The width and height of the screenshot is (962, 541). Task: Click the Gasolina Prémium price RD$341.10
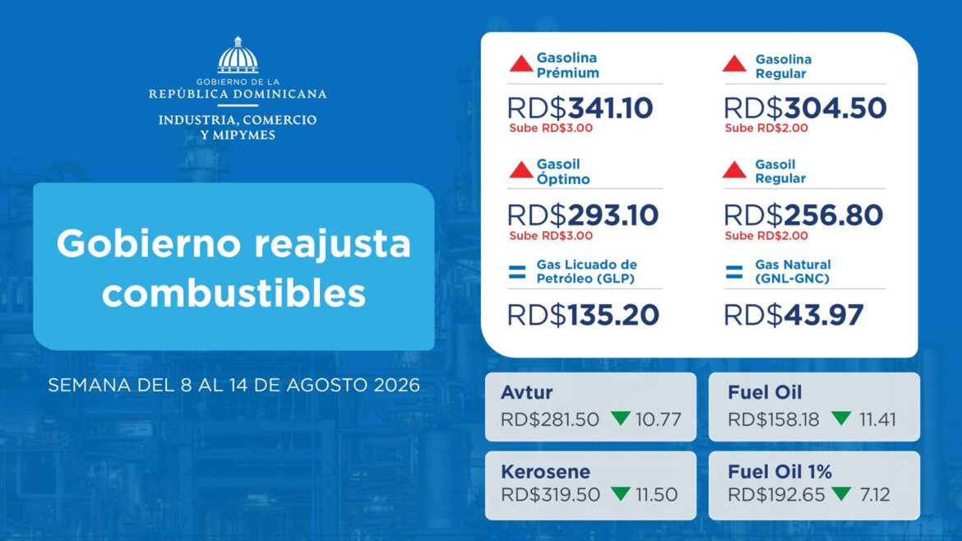pyautogui.click(x=580, y=108)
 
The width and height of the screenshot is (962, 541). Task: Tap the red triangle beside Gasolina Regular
pyautogui.click(x=734, y=63)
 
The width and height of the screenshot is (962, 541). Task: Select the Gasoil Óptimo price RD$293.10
pyautogui.click(x=583, y=215)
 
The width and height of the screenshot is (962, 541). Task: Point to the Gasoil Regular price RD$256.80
pyautogui.click(x=803, y=215)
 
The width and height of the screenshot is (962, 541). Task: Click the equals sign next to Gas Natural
pyautogui.click(x=733, y=271)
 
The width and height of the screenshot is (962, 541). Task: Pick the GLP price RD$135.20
pyautogui.click(x=583, y=315)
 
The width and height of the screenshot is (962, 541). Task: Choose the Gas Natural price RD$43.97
pyautogui.click(x=794, y=315)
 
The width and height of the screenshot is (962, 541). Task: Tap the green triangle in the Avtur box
pyautogui.click(x=621, y=418)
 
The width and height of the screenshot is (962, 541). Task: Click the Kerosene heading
pyautogui.click(x=545, y=472)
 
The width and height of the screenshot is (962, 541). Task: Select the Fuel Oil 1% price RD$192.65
pyautogui.click(x=776, y=494)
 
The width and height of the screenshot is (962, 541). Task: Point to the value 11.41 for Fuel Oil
pyautogui.click(x=877, y=419)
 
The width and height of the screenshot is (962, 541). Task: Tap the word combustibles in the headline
pyautogui.click(x=234, y=294)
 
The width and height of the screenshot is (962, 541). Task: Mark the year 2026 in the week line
pyautogui.click(x=396, y=386)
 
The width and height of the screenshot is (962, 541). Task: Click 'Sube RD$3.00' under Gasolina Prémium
pyautogui.click(x=551, y=128)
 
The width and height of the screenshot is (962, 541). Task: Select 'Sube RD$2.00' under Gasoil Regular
pyautogui.click(x=766, y=235)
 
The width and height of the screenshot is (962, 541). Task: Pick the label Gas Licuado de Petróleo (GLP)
pyautogui.click(x=586, y=271)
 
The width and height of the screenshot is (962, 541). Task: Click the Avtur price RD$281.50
pyautogui.click(x=550, y=419)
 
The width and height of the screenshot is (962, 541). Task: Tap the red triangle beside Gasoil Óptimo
pyautogui.click(x=521, y=169)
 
